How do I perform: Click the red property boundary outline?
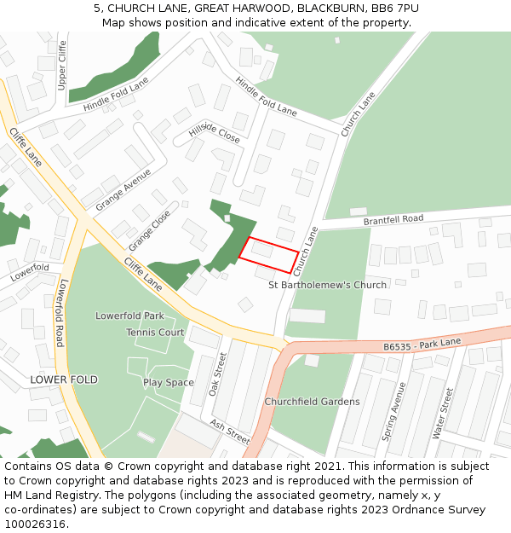point(269,255)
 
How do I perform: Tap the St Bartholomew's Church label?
point(327,285)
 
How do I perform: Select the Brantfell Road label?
point(393,220)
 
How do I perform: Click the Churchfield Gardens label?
point(312,402)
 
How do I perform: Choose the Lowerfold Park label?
point(129,316)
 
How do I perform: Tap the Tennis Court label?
point(155,333)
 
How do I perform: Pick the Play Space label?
point(168,383)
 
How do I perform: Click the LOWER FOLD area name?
point(64,379)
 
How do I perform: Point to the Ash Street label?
point(229,432)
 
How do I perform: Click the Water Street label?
point(443,413)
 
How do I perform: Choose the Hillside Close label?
point(215,131)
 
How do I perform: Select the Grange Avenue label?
point(123,190)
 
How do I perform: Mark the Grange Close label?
point(149,230)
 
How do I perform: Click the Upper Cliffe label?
point(61,66)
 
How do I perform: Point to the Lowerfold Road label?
point(59,316)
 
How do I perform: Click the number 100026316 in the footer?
point(34,524)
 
